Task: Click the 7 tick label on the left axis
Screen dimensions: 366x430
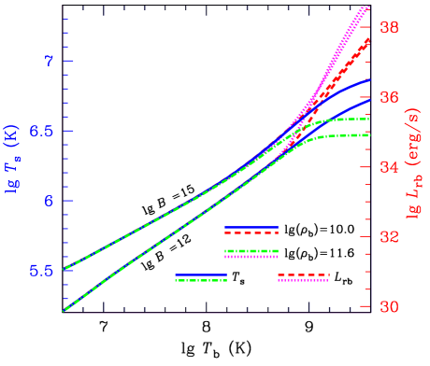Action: pos(49,61)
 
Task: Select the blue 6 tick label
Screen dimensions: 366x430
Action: pos(49,201)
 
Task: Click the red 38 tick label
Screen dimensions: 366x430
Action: pos(388,28)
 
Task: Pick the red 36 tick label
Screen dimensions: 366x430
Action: pos(388,97)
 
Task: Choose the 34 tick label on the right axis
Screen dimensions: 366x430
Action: pos(388,167)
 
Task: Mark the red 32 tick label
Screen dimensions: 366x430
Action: pos(388,237)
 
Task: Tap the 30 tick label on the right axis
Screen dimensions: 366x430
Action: pos(388,307)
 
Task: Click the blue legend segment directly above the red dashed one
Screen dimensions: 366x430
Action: pos(251,227)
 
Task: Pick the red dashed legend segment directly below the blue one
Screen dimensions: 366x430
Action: pos(251,233)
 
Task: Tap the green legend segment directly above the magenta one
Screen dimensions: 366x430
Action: pos(251,250)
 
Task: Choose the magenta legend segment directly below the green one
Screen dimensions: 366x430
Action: pos(251,256)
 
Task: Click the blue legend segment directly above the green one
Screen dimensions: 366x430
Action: pos(201,275)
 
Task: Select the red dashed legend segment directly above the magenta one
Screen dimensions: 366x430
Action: pos(303,275)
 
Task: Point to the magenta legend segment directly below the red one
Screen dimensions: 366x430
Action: pos(303,280)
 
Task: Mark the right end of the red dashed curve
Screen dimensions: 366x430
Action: pos(369,39)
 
